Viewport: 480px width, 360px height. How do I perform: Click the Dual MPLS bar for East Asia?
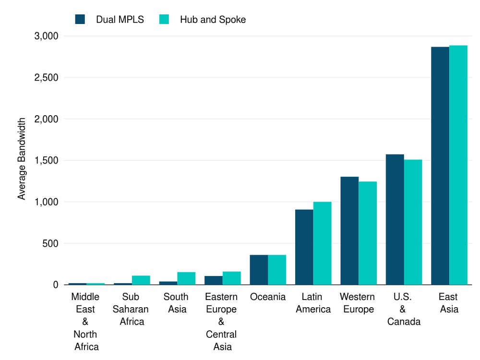pos(440,166)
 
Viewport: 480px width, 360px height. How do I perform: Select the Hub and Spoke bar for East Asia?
pos(458,165)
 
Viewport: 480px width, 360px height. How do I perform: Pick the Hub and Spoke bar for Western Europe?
pos(368,233)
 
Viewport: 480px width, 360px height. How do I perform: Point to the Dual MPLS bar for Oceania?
pos(259,270)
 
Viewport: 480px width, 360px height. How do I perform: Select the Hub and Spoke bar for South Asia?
pos(186,278)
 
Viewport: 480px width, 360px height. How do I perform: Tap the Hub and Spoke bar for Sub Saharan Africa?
pos(141,280)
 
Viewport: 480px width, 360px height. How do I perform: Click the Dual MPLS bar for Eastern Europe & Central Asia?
pos(213,280)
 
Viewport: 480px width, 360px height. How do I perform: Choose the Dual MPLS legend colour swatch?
pos(80,20)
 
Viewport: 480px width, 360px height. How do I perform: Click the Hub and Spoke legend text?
pos(213,20)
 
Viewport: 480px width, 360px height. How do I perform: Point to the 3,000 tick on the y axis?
pos(46,36)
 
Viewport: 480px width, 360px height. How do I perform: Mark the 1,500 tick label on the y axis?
pos(46,160)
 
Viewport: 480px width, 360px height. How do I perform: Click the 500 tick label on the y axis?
pos(50,243)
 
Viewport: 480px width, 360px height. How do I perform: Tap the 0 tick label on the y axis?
pos(55,285)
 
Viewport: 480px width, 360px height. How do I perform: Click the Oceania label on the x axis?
pos(268,297)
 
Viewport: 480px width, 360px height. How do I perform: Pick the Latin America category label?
pos(313,303)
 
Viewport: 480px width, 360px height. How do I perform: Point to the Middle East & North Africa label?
pos(85,322)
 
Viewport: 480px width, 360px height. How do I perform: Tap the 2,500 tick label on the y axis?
pos(46,77)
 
